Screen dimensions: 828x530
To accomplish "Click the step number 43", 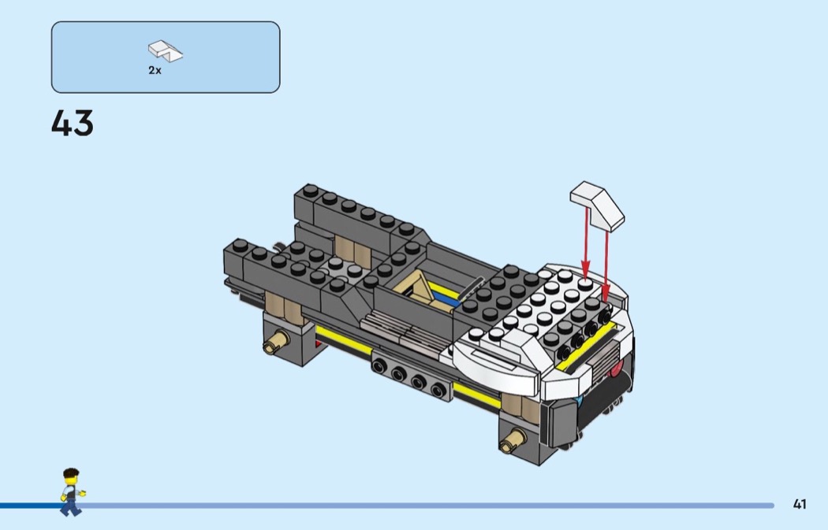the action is coord(73,124).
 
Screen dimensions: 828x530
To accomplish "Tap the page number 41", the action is coord(800,504).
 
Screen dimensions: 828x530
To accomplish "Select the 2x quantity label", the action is coord(155,70).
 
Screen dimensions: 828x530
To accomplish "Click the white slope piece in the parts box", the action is coord(166,50).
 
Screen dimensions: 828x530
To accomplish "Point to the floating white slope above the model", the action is coord(597,205).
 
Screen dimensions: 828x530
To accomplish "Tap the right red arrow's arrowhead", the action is coord(606,295).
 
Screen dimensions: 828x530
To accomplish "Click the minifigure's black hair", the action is coord(71,473).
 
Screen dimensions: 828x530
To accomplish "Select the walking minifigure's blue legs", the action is coord(70,507).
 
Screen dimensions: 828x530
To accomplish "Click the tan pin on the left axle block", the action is coord(276,341).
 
